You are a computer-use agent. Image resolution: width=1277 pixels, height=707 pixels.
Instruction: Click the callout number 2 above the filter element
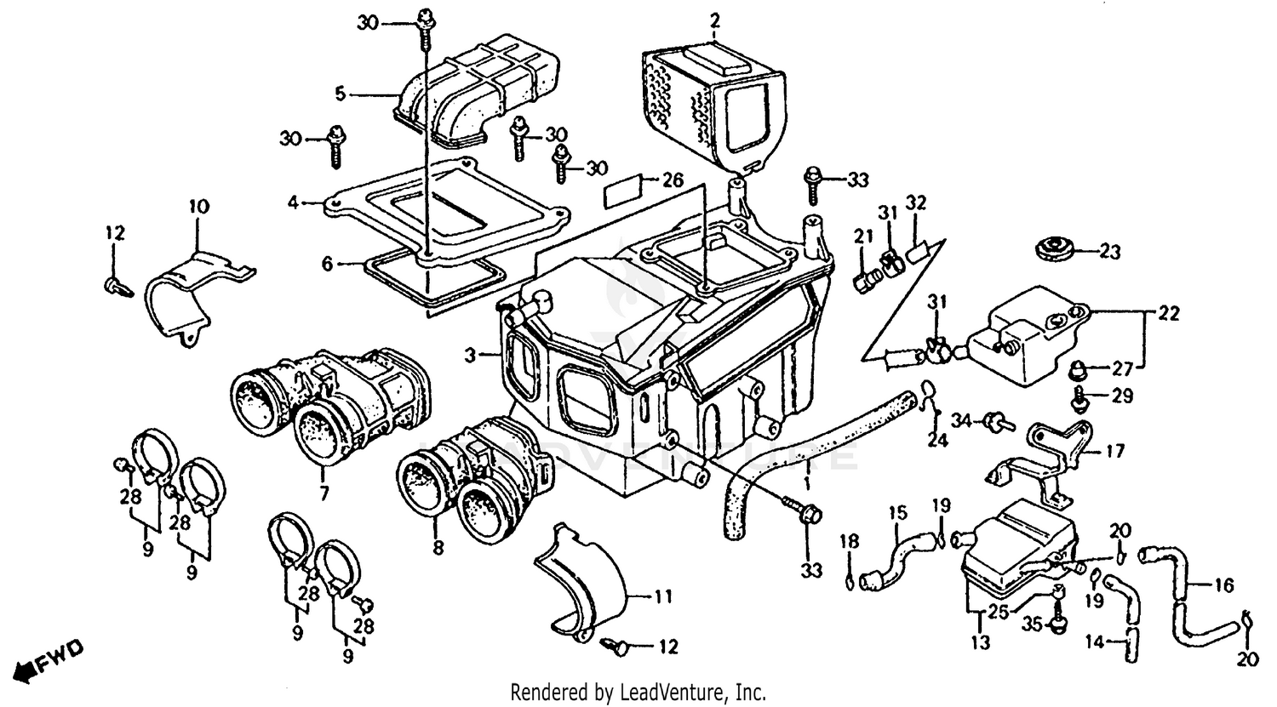click(715, 19)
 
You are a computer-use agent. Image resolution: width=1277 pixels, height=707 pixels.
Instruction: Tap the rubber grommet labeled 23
click(1052, 250)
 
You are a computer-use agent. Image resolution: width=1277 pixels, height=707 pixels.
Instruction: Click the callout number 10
click(198, 207)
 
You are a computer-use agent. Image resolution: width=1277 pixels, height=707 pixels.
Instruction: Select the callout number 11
click(663, 597)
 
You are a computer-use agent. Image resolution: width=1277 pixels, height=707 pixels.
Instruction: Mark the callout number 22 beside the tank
click(1168, 314)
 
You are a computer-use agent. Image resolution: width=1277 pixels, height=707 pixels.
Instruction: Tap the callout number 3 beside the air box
click(469, 352)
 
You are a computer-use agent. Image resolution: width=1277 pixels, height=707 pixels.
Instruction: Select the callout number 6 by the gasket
click(328, 265)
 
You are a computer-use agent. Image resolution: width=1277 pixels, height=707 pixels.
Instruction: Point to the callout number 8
click(438, 549)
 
